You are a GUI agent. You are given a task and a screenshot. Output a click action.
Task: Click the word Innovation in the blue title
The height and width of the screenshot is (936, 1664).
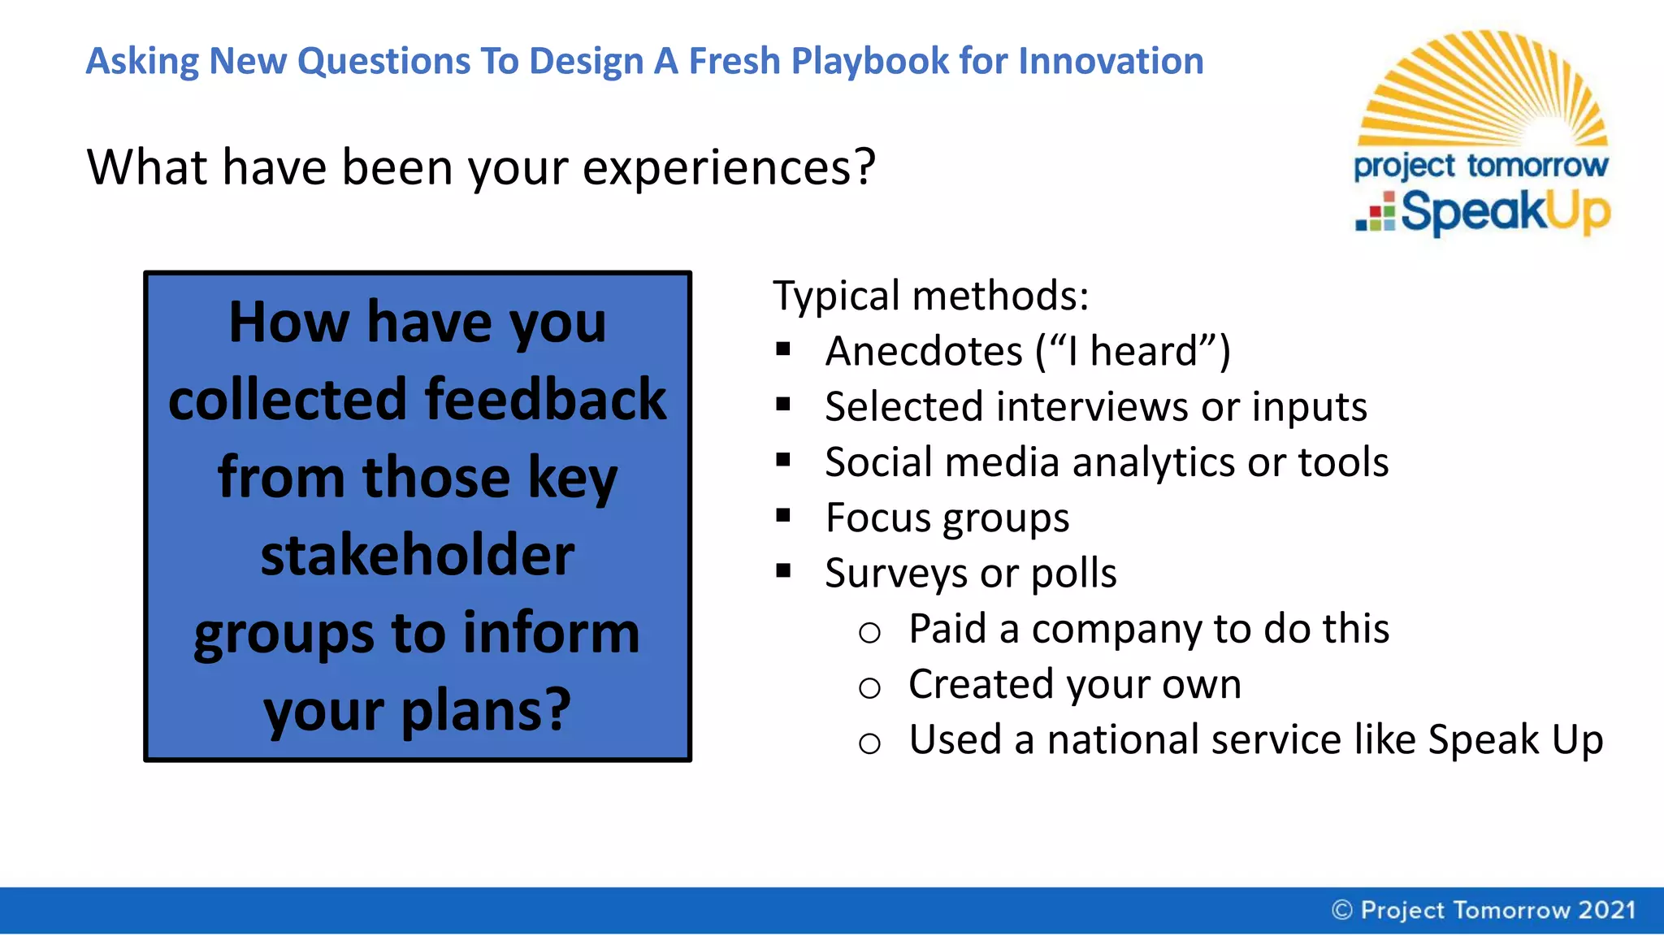point(1111,61)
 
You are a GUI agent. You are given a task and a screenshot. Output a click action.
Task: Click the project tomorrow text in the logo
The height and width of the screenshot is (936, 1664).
point(1480,166)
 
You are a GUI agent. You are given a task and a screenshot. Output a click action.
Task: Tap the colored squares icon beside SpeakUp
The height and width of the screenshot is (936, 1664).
point(1376,212)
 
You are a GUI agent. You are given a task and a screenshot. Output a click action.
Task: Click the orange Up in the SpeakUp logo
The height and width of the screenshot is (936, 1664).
point(1576,213)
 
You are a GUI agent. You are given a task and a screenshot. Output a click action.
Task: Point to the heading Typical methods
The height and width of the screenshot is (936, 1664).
point(930,295)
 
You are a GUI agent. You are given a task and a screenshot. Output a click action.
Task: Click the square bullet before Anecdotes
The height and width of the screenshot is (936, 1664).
point(783,350)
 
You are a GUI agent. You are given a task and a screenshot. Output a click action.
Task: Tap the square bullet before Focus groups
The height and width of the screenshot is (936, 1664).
point(783,516)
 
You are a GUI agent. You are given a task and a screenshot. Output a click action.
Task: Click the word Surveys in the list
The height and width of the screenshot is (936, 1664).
point(895,574)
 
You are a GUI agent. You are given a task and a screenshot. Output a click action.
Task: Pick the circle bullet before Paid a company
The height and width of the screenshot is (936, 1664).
point(869,632)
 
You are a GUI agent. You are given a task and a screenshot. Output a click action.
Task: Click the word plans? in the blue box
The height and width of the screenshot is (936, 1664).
point(486,709)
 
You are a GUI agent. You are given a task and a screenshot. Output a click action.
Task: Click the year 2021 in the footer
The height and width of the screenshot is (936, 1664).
point(1606,910)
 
